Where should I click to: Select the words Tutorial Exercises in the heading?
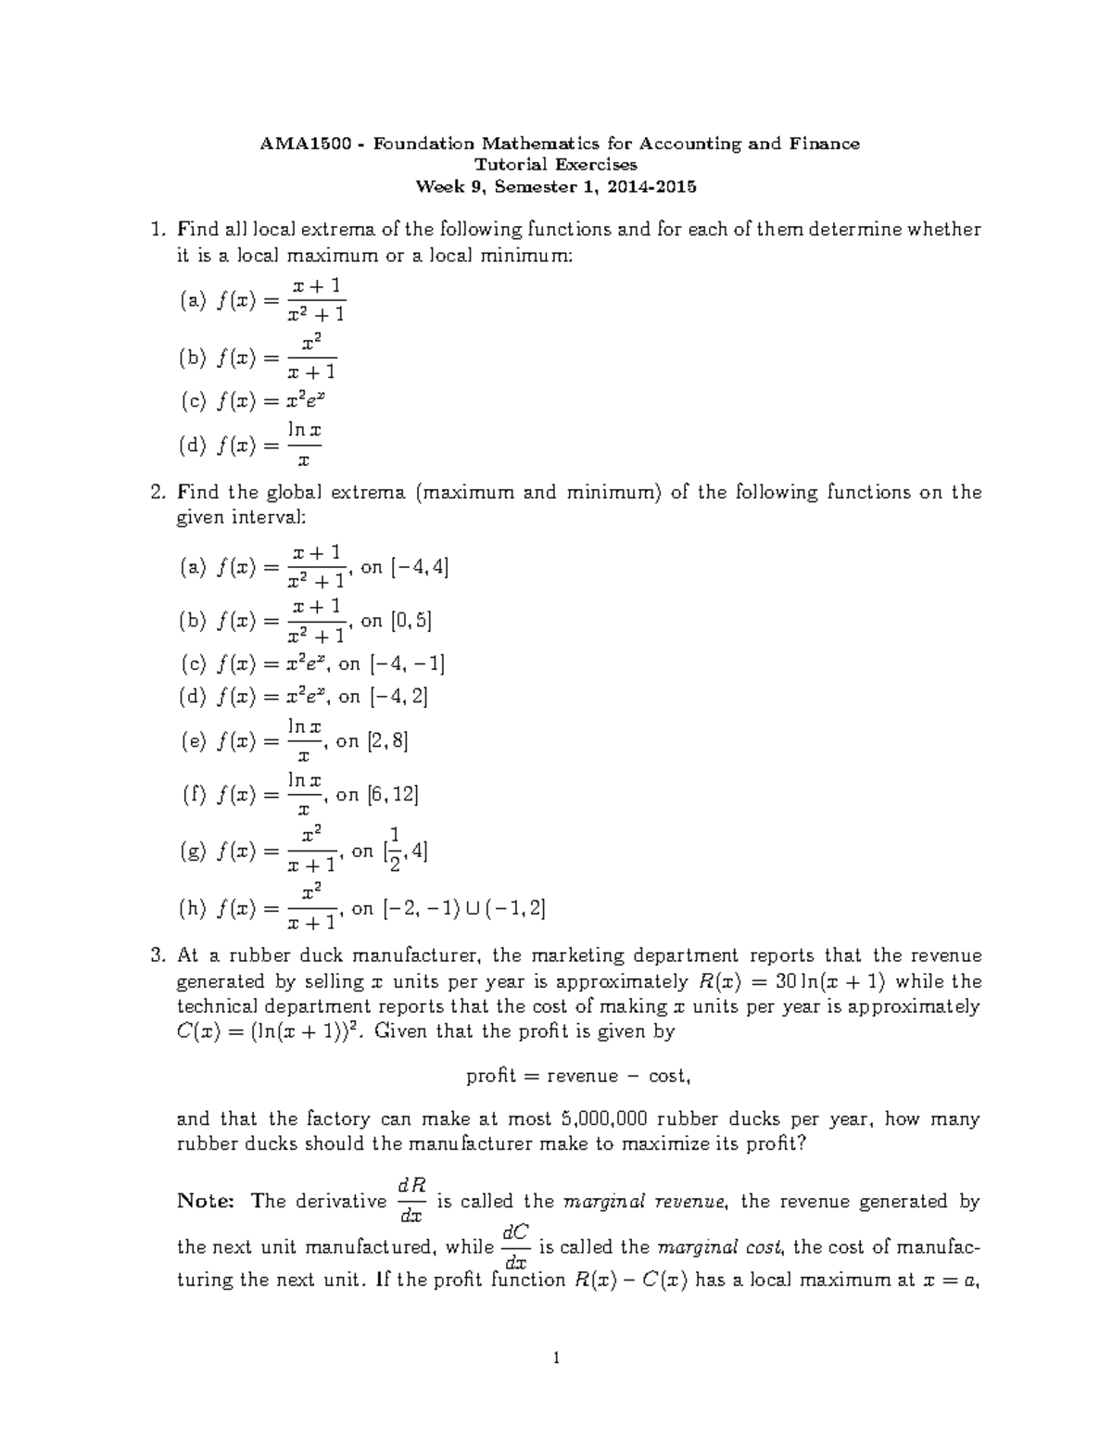pyautogui.click(x=556, y=165)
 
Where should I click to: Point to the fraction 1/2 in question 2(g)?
pyautogui.click(x=395, y=851)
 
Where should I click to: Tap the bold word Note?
pyautogui.click(x=203, y=1202)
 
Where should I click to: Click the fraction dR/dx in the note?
pyautogui.click(x=411, y=1201)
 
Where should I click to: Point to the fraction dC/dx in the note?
pyautogui.click(x=515, y=1247)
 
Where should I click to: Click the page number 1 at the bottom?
pyautogui.click(x=555, y=1360)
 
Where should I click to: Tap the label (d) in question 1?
pyautogui.click(x=191, y=446)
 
